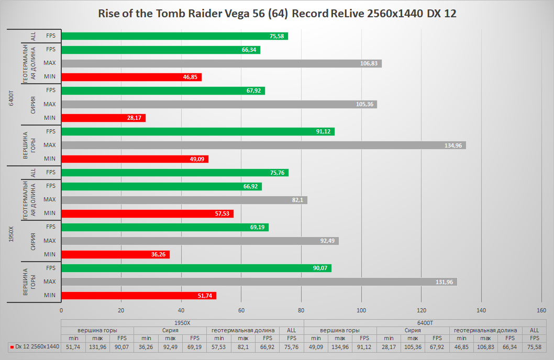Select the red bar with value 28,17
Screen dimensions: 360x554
point(103,118)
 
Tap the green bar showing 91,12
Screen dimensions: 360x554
point(197,131)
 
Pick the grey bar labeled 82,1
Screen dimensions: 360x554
point(184,199)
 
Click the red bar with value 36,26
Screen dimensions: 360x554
point(115,254)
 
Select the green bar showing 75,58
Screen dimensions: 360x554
point(174,36)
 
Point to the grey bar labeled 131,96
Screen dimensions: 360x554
point(259,282)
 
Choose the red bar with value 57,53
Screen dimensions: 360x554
point(147,213)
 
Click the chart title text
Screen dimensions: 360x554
point(277,14)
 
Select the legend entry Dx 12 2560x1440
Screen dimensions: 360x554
point(35,346)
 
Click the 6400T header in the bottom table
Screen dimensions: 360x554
point(425,323)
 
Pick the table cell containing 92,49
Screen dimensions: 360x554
point(170,346)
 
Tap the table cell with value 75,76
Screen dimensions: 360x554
point(291,346)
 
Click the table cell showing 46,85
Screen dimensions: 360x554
point(461,346)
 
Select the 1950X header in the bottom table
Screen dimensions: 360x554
point(182,323)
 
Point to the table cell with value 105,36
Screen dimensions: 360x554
point(413,346)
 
